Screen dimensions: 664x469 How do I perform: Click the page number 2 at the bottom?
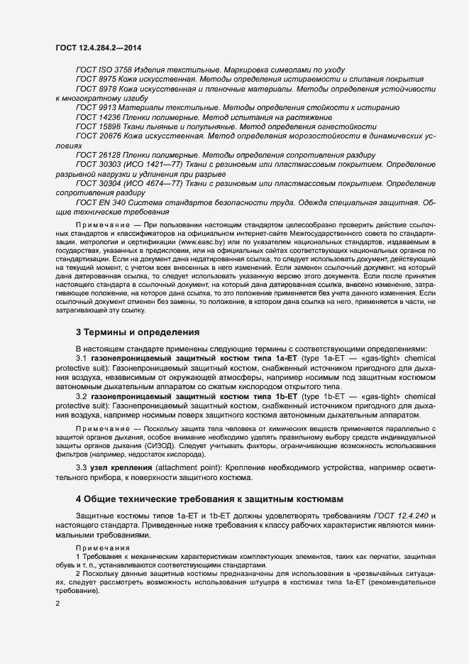(x=57, y=604)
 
